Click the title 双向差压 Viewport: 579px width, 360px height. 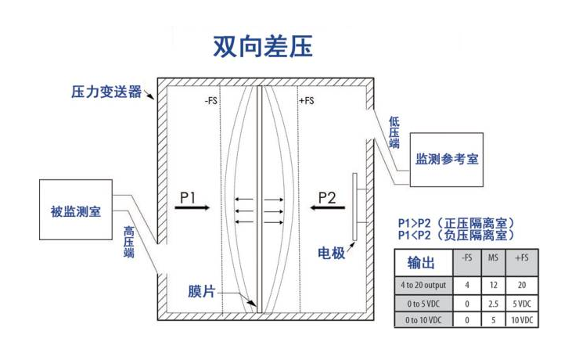click(x=263, y=46)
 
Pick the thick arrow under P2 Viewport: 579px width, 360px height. click(x=325, y=208)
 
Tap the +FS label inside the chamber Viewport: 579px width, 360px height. click(x=307, y=101)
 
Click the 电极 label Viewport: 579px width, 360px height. click(x=331, y=254)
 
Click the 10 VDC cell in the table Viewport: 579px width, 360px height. click(x=522, y=319)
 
